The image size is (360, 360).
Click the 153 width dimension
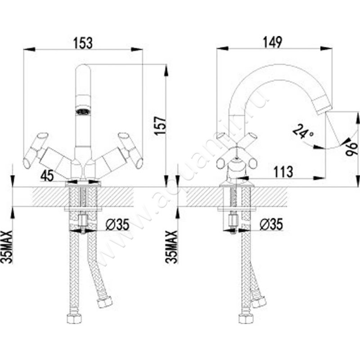[x=83, y=43]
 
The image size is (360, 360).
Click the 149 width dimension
[x=273, y=43]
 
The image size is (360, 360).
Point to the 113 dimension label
[x=283, y=171]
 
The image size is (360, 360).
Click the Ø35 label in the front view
[x=117, y=224]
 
